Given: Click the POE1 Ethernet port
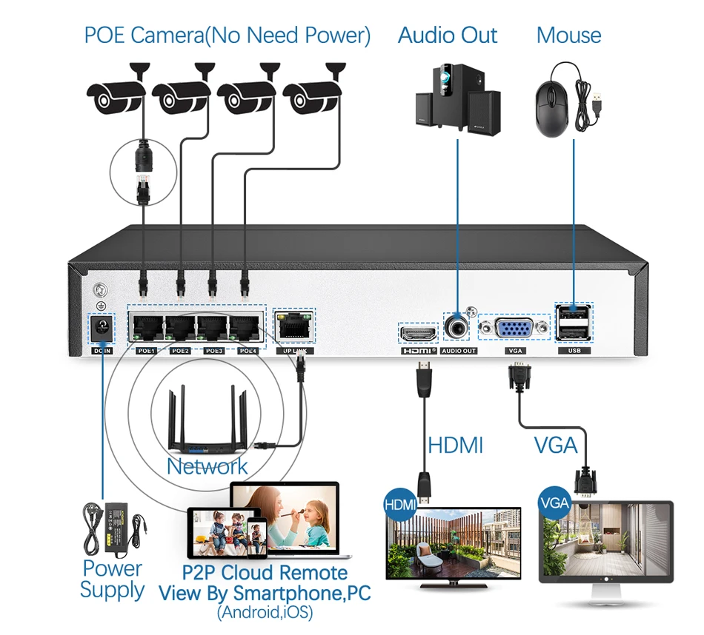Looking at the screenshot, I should (146, 326).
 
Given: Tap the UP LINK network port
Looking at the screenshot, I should (294, 326).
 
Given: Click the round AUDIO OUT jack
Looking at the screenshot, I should (458, 326).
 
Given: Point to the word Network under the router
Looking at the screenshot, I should (207, 466).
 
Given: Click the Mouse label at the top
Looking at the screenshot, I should (568, 35).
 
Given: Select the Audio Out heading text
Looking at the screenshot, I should (448, 35).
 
